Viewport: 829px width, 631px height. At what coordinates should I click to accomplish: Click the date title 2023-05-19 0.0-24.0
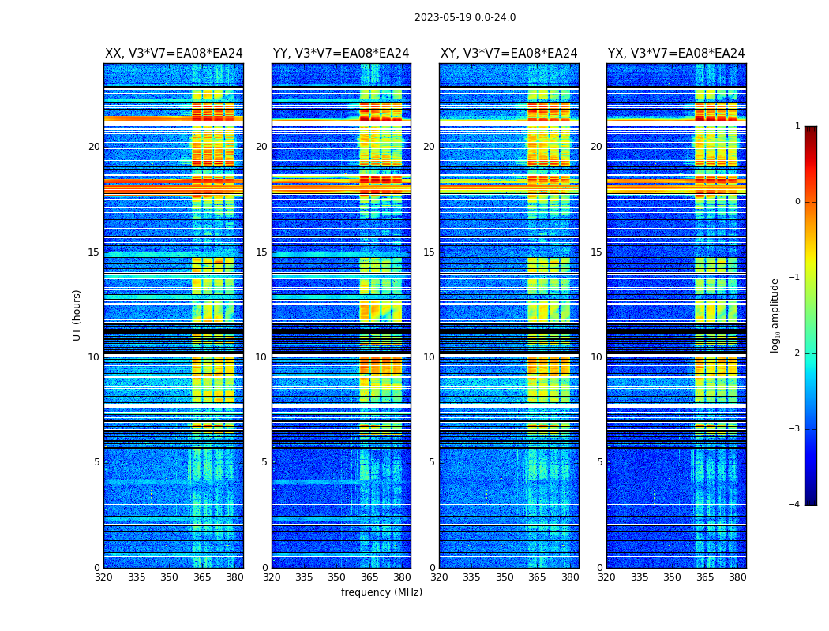(x=465, y=17)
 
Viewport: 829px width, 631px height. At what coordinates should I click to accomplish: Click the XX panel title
(x=174, y=54)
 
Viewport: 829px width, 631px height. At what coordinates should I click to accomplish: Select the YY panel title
(x=341, y=54)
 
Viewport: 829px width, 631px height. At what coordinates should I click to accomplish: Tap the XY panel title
(x=508, y=54)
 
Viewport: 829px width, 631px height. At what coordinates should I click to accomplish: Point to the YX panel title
(x=676, y=54)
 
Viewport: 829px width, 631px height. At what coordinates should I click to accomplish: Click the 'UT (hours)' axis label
(x=77, y=315)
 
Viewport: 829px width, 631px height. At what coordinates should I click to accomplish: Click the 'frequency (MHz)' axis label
(x=381, y=592)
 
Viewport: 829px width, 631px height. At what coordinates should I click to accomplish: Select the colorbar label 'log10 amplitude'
(x=775, y=315)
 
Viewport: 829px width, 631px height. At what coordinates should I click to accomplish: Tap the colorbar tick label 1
(x=797, y=126)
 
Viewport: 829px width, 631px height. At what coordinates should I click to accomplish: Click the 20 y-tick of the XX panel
(x=94, y=147)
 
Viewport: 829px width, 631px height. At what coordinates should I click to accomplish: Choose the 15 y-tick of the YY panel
(x=261, y=252)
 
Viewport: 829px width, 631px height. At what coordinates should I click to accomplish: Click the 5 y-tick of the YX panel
(x=599, y=462)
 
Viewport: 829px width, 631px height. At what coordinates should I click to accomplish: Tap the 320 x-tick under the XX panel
(x=103, y=577)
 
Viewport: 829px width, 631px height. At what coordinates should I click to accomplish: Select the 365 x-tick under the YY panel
(x=369, y=577)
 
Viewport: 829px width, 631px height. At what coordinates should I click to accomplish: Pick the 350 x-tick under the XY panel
(x=505, y=577)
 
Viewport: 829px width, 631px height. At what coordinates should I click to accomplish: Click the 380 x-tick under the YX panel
(x=737, y=577)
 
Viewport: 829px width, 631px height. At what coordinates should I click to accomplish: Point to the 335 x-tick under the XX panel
(x=137, y=577)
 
